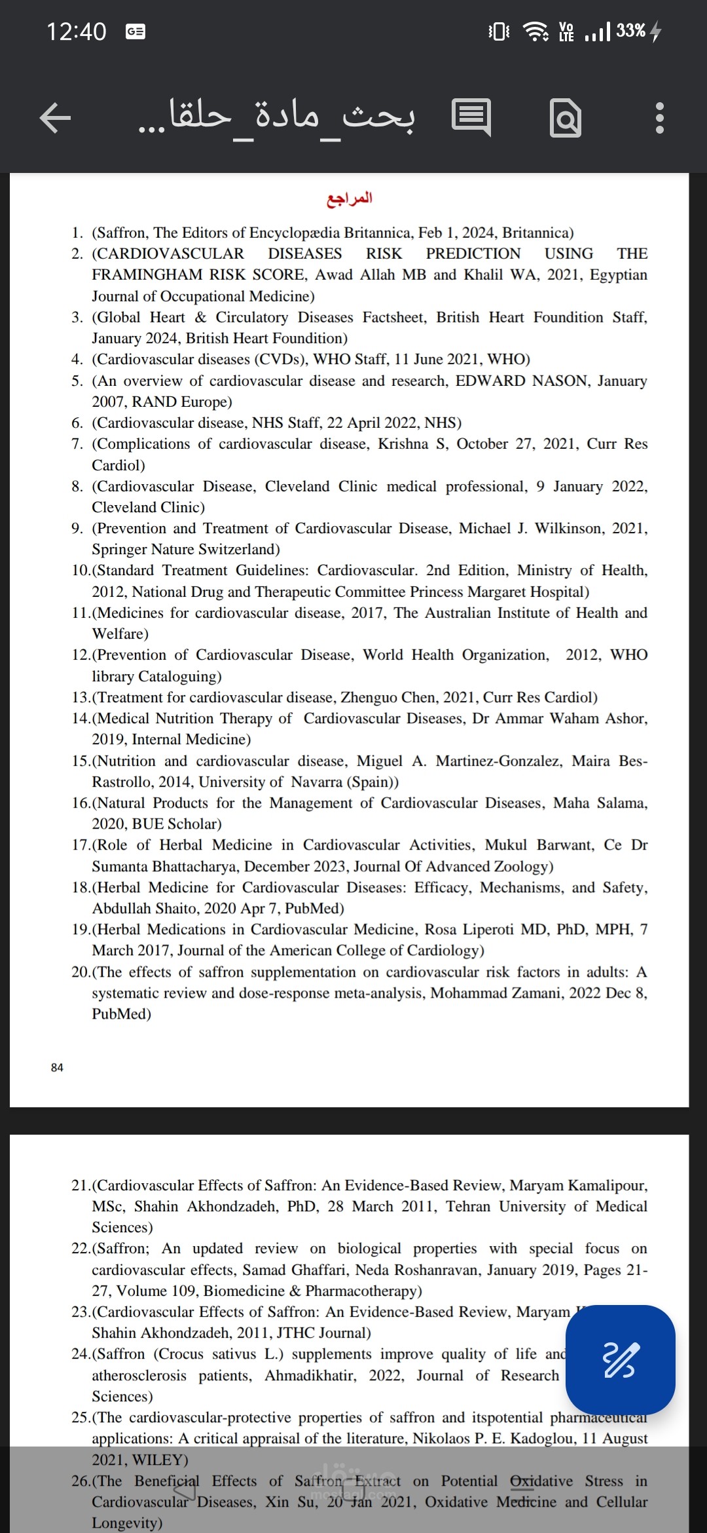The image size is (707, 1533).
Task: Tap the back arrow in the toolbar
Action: (x=55, y=119)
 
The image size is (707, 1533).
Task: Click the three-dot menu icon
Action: (x=659, y=119)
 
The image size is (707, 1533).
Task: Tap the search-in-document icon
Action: (x=566, y=119)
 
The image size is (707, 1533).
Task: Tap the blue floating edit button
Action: (x=620, y=1359)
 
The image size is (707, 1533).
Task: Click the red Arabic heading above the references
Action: (x=350, y=199)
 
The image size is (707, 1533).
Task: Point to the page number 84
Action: (x=57, y=1068)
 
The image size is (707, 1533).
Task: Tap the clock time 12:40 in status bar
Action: (x=76, y=31)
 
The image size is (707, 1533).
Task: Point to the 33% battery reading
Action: (x=630, y=31)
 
